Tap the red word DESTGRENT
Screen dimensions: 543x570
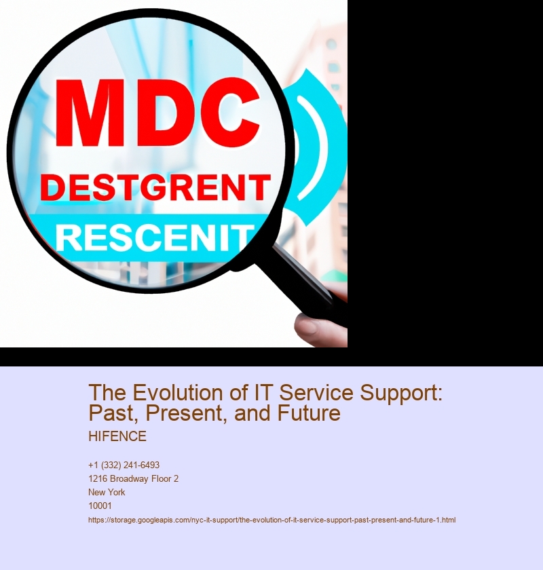click(x=155, y=187)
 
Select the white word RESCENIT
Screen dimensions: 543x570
click(x=155, y=238)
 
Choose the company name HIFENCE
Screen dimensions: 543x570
click(x=117, y=436)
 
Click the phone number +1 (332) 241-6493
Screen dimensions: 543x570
click(x=124, y=465)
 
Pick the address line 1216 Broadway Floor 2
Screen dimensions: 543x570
click(x=133, y=478)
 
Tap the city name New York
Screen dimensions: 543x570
click(x=107, y=492)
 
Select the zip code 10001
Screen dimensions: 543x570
click(x=100, y=506)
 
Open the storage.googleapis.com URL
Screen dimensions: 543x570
click(x=271, y=520)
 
